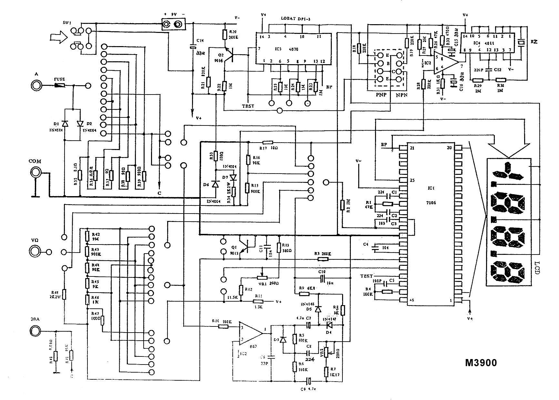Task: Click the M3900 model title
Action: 481,362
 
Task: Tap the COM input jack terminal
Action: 36,173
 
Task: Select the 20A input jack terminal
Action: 35,330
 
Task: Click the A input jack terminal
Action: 36,85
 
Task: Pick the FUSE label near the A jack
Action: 59,79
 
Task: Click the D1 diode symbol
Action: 65,124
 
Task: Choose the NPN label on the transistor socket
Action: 401,95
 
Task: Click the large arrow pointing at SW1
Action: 58,38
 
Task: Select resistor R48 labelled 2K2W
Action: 64,294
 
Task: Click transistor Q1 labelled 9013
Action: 246,247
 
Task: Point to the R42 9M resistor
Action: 87,236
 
